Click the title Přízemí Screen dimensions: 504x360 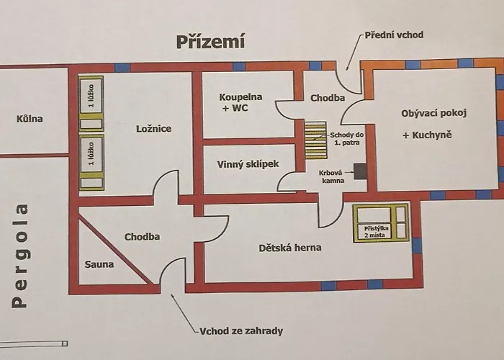pyautogui.click(x=210, y=42)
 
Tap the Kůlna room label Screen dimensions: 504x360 pyautogui.click(x=30, y=119)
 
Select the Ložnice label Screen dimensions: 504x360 pyautogui.click(x=153, y=129)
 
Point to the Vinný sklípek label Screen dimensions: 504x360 pyautogui.click(x=248, y=164)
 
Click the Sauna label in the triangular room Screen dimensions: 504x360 pyautogui.click(x=99, y=264)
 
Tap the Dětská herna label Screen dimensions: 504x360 pyautogui.click(x=290, y=248)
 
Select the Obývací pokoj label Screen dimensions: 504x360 pyautogui.click(x=433, y=114)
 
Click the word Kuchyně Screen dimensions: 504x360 pyautogui.click(x=432, y=135)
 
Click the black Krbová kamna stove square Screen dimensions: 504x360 pyautogui.click(x=360, y=171)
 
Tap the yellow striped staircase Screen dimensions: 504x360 pyautogui.click(x=315, y=140)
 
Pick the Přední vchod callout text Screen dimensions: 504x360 pyautogui.click(x=394, y=35)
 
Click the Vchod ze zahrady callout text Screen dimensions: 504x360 pyautogui.click(x=241, y=330)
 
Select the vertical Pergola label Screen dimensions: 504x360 pyautogui.click(x=20, y=256)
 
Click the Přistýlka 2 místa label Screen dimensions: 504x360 pyautogui.click(x=376, y=232)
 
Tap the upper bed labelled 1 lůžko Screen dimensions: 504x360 pyautogui.click(x=91, y=104)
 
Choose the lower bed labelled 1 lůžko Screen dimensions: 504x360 pyautogui.click(x=91, y=163)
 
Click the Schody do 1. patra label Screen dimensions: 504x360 pyautogui.click(x=346, y=139)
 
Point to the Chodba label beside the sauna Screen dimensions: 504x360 pyautogui.click(x=142, y=237)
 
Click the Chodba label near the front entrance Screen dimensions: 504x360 pyautogui.click(x=328, y=98)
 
